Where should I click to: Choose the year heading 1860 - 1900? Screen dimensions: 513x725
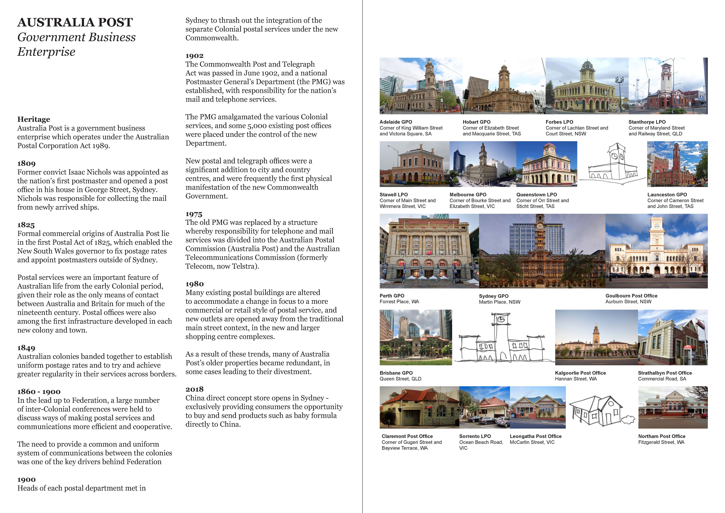point(39,392)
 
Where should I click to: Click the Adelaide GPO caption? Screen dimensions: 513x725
point(396,122)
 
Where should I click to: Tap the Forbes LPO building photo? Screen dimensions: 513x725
point(587,86)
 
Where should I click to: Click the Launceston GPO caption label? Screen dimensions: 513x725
point(667,195)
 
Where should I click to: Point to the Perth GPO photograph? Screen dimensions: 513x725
point(429,251)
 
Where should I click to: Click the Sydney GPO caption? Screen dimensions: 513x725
point(494,296)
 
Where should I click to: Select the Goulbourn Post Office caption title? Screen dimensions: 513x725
point(631,296)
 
